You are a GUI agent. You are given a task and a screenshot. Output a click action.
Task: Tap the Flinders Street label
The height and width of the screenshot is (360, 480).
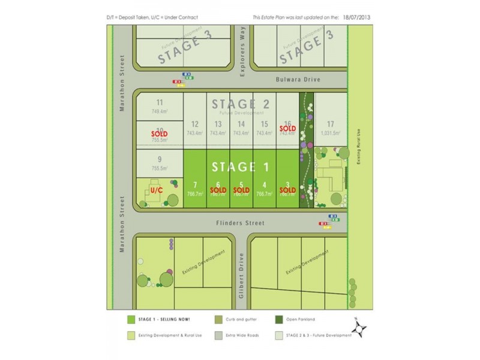[241, 223]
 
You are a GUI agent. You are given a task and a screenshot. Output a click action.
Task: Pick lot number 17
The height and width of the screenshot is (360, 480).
[331, 124]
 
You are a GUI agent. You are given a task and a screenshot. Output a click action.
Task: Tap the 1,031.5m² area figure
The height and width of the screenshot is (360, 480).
[331, 133]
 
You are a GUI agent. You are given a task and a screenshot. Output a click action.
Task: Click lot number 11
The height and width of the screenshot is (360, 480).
[159, 103]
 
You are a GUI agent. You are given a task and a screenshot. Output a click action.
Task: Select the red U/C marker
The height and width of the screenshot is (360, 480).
[157, 190]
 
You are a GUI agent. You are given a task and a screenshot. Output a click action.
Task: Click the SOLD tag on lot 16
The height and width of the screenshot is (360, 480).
[287, 128]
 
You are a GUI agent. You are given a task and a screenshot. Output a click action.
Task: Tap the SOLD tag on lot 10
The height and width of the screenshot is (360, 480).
[159, 133]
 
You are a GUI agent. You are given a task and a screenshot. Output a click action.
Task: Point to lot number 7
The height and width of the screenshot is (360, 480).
[195, 185]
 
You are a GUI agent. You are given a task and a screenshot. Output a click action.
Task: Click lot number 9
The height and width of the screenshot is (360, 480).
[159, 159]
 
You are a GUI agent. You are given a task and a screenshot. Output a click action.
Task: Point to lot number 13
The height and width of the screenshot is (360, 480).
[218, 124]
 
